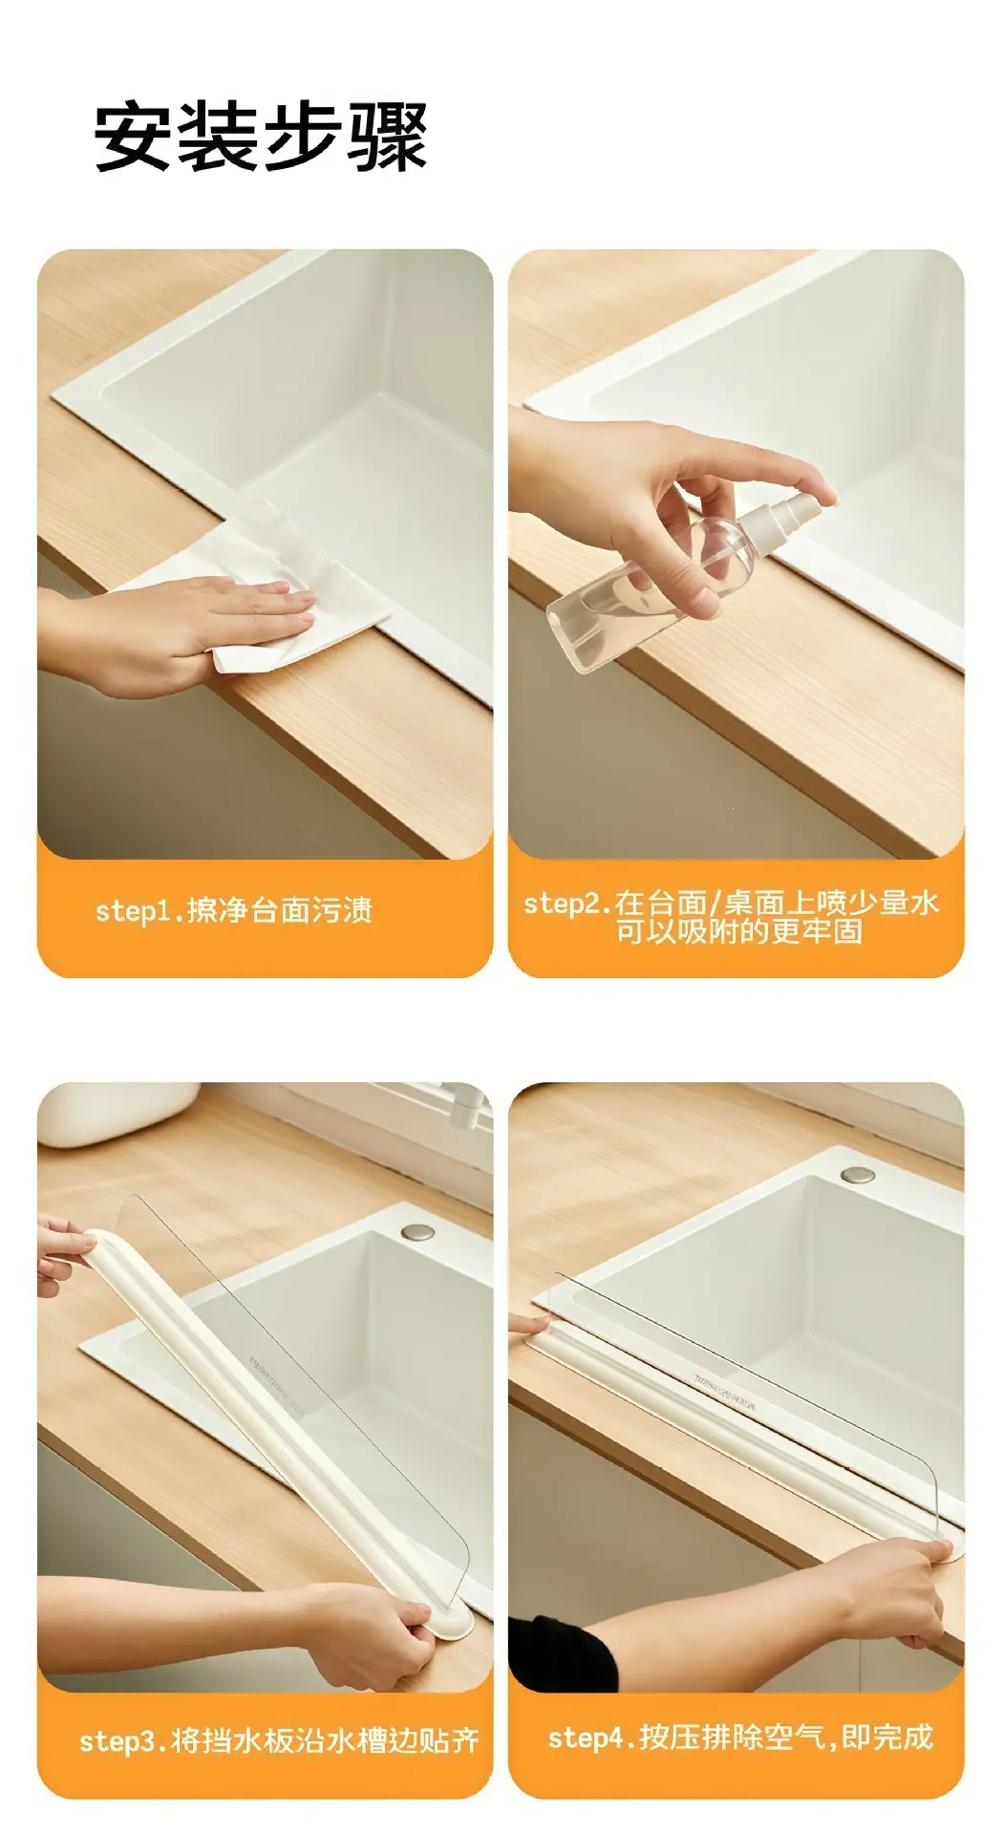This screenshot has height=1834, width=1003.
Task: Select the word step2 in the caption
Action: click(565, 904)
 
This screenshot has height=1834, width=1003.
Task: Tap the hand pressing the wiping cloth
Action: click(181, 630)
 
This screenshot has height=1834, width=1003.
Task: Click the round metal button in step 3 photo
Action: click(416, 1233)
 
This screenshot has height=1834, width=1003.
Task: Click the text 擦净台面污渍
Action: click(280, 910)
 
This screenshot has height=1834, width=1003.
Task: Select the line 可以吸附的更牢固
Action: click(739, 931)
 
